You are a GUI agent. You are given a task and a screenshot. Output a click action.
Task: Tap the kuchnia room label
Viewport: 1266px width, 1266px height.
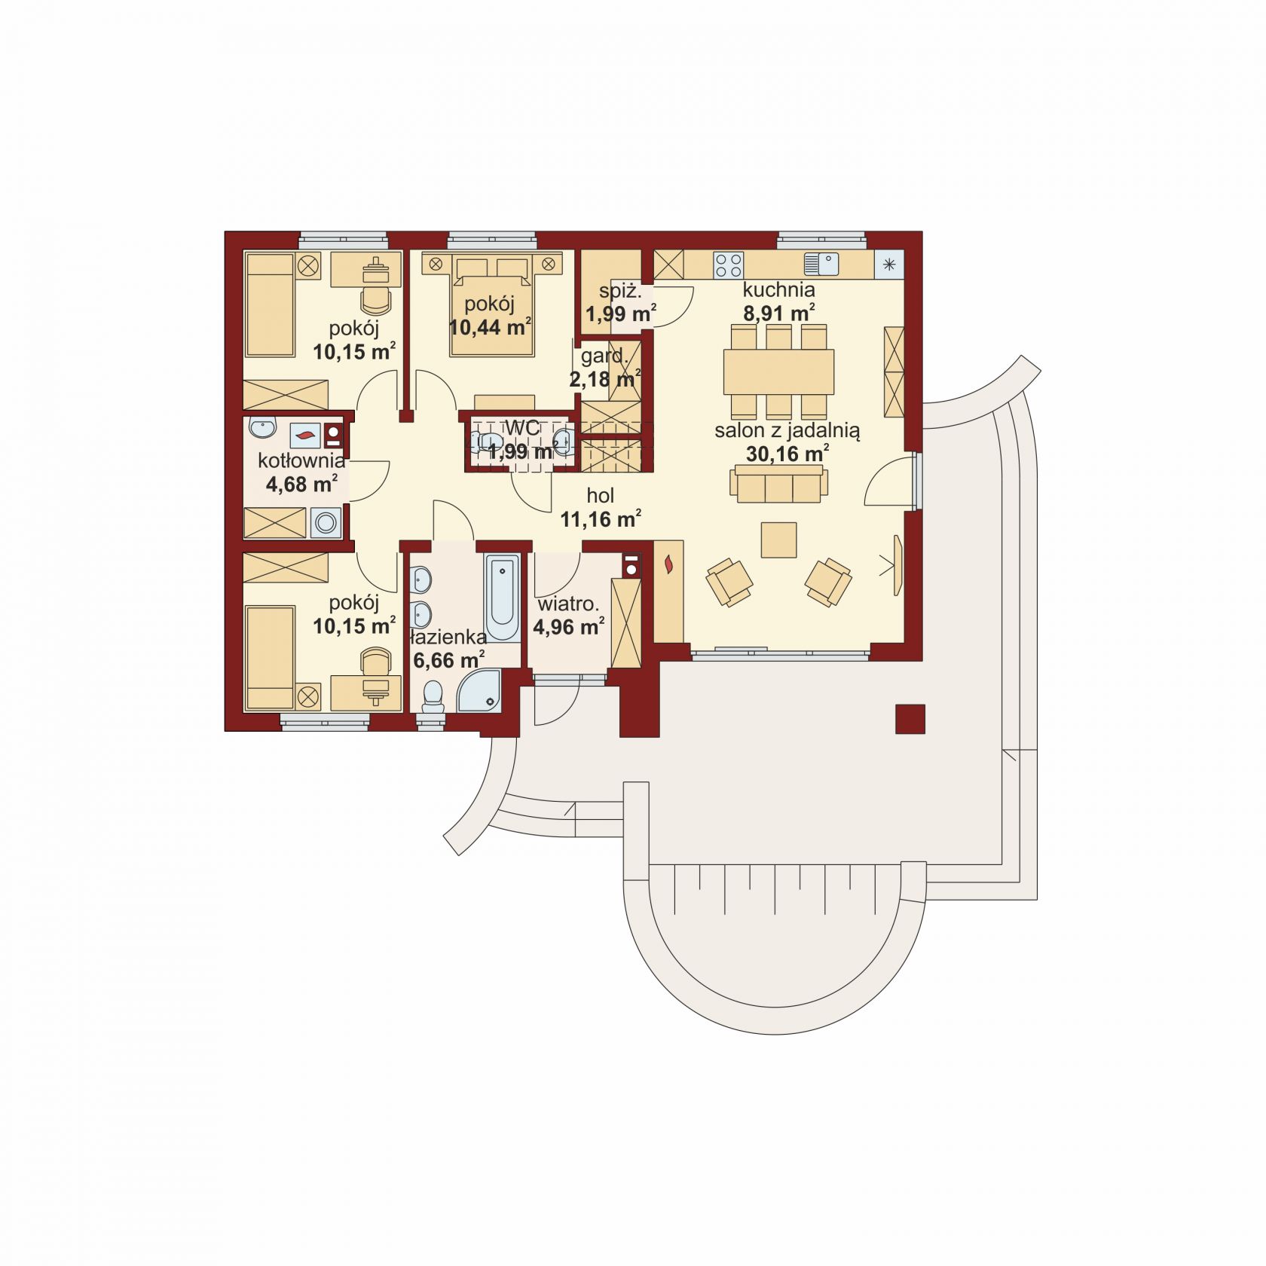(x=778, y=289)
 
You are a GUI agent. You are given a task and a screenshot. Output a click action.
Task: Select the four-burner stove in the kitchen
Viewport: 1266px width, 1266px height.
(x=728, y=265)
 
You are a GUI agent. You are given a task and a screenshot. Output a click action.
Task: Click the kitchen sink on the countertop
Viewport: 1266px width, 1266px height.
(x=821, y=265)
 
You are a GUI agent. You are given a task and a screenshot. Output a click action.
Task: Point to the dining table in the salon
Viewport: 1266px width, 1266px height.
(x=778, y=372)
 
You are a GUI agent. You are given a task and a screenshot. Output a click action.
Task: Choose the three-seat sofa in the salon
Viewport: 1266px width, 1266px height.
(x=778, y=484)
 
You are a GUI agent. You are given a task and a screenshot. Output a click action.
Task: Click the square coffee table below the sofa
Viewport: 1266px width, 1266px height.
(x=778, y=540)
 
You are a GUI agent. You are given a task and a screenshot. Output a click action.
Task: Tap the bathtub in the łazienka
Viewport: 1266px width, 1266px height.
(x=502, y=598)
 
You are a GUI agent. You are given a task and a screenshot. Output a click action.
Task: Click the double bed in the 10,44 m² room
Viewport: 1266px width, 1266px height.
(x=492, y=304)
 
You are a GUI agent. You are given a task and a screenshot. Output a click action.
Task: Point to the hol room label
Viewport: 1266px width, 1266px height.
(x=601, y=496)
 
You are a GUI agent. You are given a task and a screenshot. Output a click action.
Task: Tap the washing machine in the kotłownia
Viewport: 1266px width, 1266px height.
(x=326, y=522)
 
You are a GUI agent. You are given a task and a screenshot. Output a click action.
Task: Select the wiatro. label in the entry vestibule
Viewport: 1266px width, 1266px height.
(x=568, y=604)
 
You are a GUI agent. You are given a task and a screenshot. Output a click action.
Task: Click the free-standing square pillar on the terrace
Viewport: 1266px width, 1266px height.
(x=910, y=719)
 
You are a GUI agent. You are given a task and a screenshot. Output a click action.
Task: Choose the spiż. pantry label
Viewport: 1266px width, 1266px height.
(x=620, y=291)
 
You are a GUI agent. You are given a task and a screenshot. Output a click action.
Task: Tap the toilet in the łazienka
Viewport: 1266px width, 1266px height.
(x=433, y=697)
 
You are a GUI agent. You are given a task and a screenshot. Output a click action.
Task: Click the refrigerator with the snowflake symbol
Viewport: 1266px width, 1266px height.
(x=889, y=265)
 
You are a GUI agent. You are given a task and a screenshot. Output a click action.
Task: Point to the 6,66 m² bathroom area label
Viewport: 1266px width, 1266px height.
(x=449, y=661)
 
